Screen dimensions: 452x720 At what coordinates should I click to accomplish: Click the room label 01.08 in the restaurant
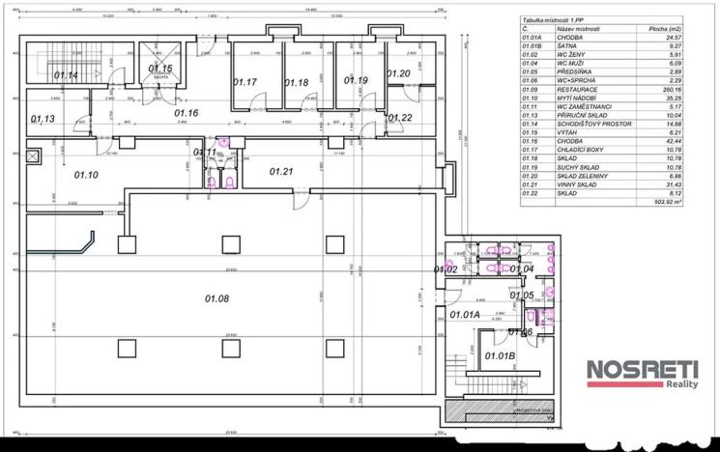pos(216,298)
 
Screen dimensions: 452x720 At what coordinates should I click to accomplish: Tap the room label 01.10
pos(86,175)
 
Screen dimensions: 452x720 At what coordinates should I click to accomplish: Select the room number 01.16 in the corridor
pos(186,114)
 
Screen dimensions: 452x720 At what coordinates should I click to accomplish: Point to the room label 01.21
pos(281,171)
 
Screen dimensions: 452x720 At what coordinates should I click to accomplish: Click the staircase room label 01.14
pos(66,74)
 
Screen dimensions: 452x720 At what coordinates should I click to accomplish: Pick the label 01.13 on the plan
pos(43,119)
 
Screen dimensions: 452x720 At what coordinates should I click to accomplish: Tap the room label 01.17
pos(245,82)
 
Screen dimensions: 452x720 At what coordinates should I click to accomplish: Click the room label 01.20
pos(398,73)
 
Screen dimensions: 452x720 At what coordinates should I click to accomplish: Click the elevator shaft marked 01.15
pos(159,69)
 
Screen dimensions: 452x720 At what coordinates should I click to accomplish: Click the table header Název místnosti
pos(579,29)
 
